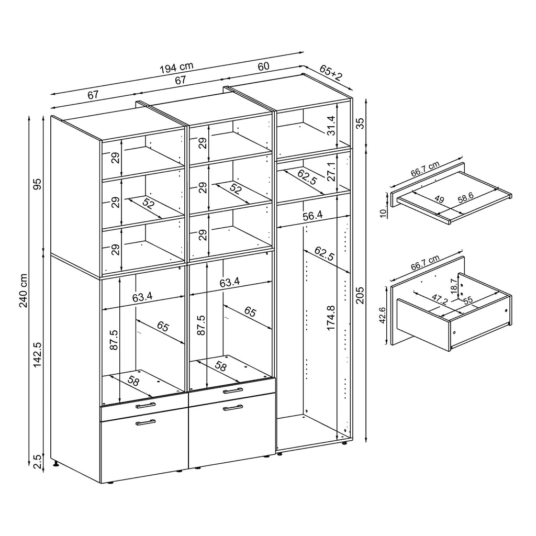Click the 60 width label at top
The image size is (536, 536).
[263, 66]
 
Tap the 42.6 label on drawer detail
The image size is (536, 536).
[383, 316]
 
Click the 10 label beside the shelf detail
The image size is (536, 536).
[383, 211]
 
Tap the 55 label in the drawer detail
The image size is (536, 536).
[466, 300]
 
